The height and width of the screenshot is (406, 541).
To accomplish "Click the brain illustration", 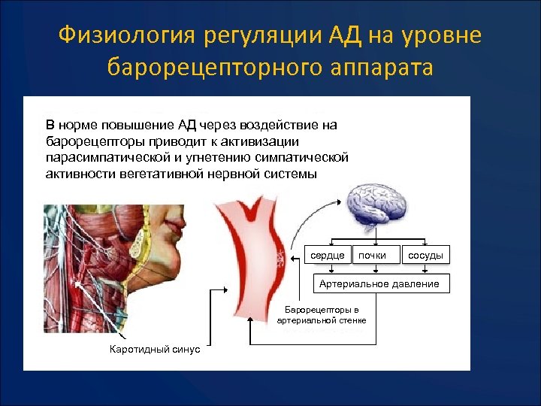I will (376, 208).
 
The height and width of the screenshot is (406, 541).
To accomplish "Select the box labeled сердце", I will (328, 256).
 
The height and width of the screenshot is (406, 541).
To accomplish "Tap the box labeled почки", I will (373, 256).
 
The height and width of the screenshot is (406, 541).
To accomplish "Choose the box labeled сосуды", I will (425, 256).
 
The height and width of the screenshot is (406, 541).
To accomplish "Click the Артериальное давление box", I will (379, 283).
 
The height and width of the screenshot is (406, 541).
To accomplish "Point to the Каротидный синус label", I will (155, 350).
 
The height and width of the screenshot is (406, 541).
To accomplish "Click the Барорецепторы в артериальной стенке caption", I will (322, 315).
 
